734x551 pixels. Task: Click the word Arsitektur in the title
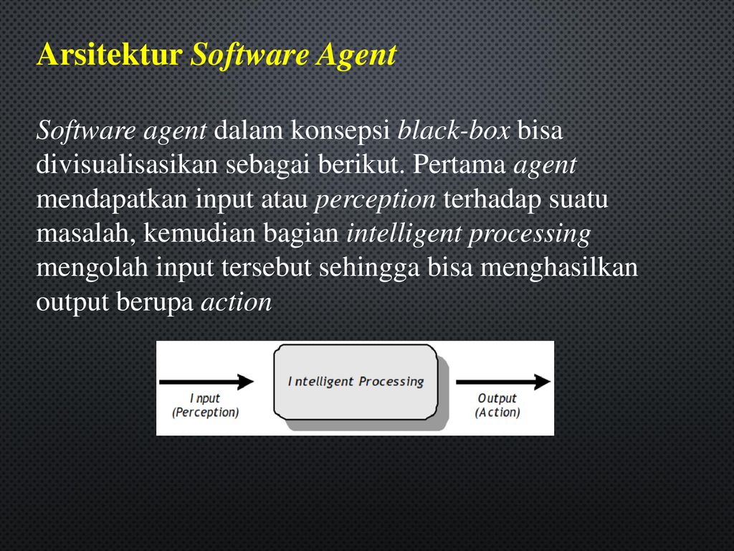[x=110, y=55]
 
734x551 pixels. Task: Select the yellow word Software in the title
[x=249, y=55]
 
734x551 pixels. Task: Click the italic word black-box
[x=453, y=131]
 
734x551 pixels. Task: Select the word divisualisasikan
[x=127, y=164]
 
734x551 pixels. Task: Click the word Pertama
[x=459, y=164]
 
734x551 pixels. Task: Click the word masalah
[x=86, y=233]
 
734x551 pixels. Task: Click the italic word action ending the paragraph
[x=237, y=303]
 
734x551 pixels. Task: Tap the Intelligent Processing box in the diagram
[x=356, y=382]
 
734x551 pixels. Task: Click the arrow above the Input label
[x=206, y=382]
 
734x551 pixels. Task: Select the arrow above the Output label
[x=503, y=382]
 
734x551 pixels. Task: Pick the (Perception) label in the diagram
[x=206, y=413]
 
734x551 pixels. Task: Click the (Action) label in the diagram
[x=497, y=413]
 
